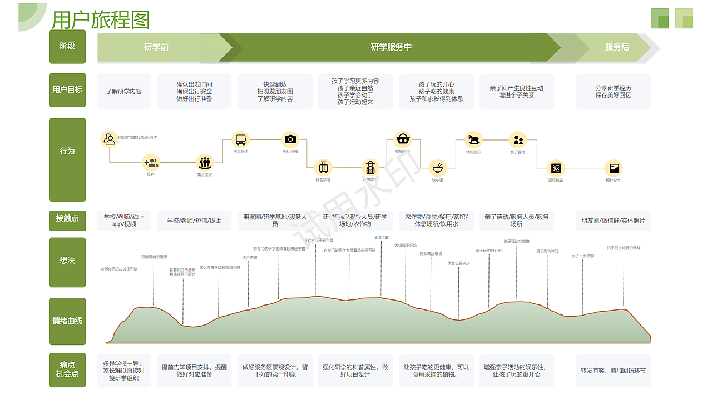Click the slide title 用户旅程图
(101, 20)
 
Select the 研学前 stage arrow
(157, 47)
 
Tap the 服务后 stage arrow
(617, 47)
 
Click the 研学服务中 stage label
(391, 47)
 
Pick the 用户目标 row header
(67, 89)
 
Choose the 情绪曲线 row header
(67, 321)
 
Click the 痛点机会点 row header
(67, 369)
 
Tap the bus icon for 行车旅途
(240, 139)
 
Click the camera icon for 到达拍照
(290, 139)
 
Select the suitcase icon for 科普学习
(323, 168)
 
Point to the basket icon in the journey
(403, 139)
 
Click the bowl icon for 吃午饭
(438, 168)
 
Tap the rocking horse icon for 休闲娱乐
(473, 139)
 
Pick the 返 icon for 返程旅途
(556, 168)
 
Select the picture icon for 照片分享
(614, 168)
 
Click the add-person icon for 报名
(151, 163)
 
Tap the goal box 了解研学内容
(124, 91)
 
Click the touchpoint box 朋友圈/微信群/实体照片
(613, 221)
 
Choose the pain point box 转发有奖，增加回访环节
(613, 371)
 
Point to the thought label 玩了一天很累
(582, 256)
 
